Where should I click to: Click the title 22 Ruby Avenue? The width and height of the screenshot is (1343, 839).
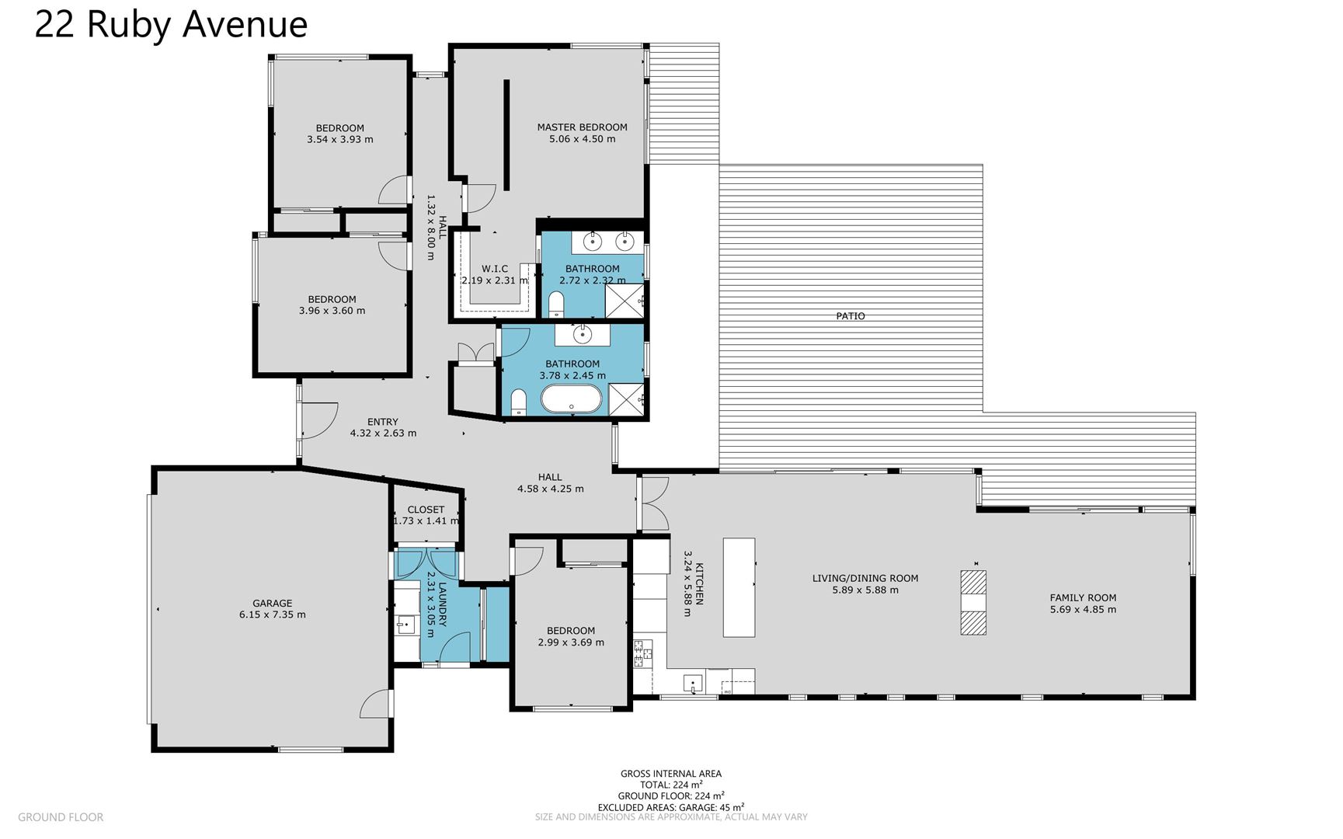[171, 25]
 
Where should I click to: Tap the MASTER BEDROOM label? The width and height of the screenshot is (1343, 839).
[582, 127]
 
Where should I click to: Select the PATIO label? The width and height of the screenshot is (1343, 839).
[851, 316]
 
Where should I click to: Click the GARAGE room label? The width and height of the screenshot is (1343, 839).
[272, 603]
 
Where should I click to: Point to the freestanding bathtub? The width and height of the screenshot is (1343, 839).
[571, 399]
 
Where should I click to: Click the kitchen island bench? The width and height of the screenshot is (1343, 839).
[739, 587]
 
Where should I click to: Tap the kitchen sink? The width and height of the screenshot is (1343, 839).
[693, 684]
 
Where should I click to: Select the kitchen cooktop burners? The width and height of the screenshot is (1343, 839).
[643, 653]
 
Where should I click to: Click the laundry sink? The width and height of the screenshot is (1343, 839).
[405, 624]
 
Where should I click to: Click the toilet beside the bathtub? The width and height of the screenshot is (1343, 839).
[519, 402]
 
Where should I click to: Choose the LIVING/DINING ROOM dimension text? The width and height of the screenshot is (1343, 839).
[865, 590]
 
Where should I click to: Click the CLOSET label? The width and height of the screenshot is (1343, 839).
[426, 510]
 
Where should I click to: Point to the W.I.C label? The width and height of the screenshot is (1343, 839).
[495, 269]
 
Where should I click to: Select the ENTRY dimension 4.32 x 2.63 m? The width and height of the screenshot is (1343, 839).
[383, 433]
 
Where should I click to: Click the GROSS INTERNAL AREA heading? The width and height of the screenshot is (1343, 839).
[671, 774]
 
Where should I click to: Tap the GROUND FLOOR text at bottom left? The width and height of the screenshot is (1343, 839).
[61, 817]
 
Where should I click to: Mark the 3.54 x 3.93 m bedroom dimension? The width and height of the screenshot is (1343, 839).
[339, 140]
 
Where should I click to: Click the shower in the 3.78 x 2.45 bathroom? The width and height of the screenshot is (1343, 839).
[626, 399]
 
